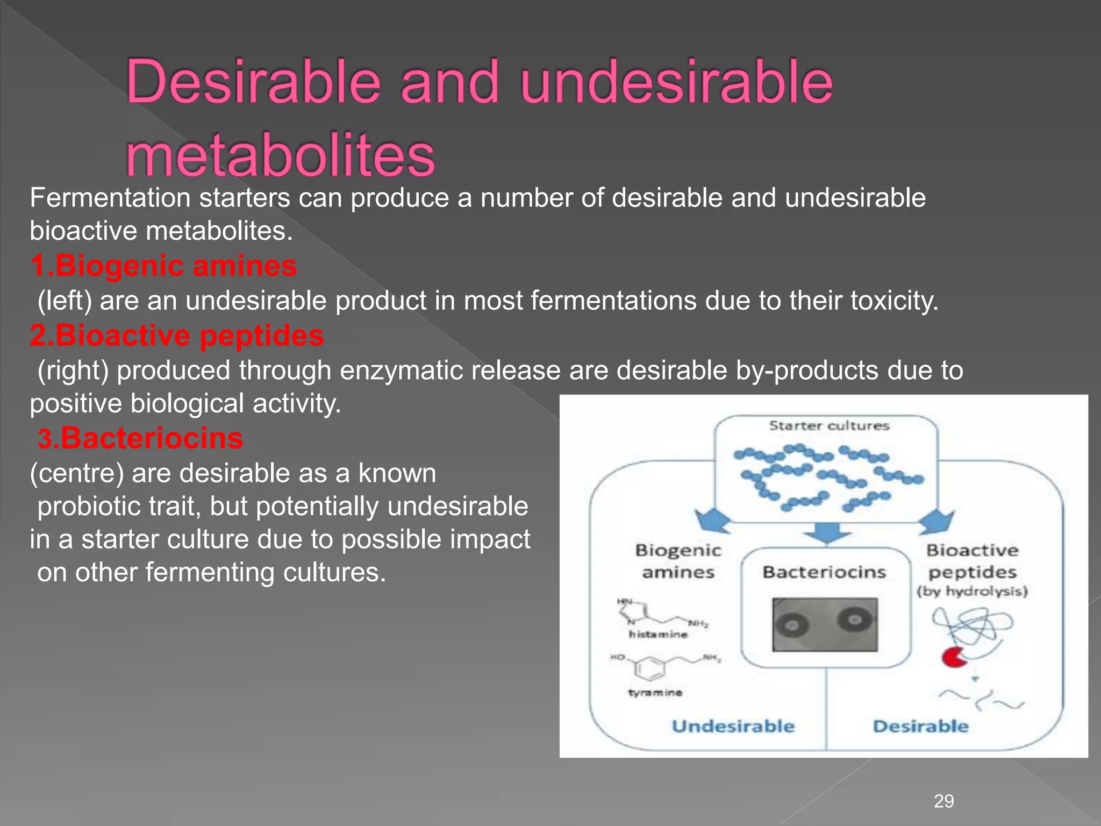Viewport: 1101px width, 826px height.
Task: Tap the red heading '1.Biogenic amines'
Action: (163, 266)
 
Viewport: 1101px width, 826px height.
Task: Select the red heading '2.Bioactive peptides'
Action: (177, 336)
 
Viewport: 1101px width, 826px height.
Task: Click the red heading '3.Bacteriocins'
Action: (140, 438)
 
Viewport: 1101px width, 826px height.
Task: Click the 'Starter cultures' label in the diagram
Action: (829, 426)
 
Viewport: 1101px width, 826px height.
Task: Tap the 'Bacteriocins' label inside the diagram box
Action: (824, 572)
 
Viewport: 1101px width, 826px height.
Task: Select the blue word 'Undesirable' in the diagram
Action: (733, 727)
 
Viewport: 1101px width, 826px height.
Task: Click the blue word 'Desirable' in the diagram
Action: (920, 727)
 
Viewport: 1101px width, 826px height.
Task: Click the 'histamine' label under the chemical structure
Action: (658, 635)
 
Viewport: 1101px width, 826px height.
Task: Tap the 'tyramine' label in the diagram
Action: (655, 693)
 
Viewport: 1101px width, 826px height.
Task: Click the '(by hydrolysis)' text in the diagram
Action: (972, 592)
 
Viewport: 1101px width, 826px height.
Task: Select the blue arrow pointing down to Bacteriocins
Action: (827, 532)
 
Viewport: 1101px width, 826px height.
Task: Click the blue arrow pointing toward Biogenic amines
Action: (713, 521)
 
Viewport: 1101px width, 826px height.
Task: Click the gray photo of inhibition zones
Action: (825, 624)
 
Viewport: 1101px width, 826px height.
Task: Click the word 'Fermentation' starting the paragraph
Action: (110, 198)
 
